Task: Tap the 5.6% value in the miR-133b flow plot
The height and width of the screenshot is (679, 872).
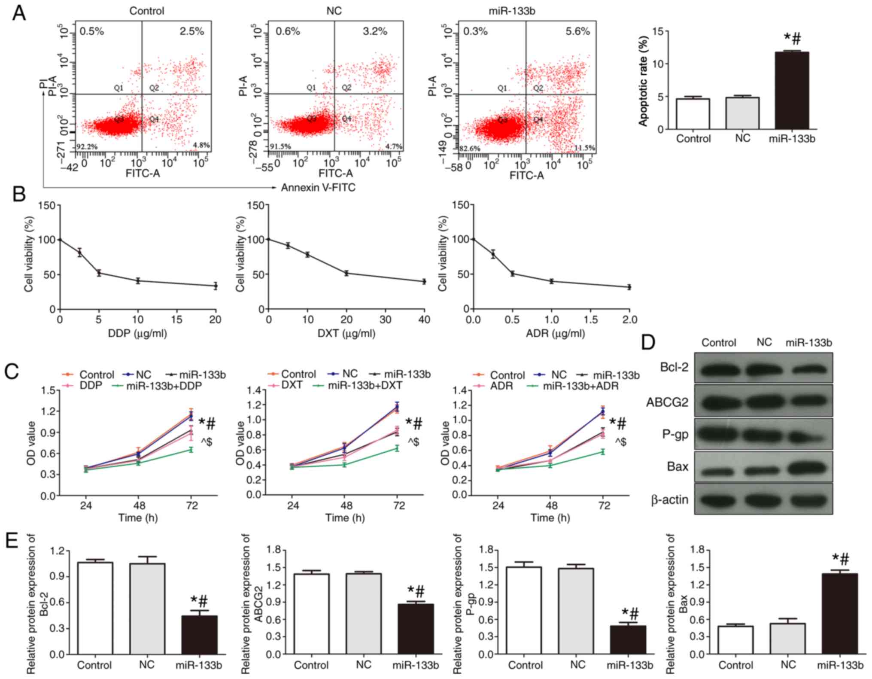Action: [578, 31]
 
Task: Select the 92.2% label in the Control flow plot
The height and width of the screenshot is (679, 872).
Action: [87, 147]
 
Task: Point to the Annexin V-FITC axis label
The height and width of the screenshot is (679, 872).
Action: [318, 188]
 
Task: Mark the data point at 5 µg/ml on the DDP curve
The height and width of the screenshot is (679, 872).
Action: [99, 273]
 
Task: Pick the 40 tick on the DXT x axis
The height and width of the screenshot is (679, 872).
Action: [424, 320]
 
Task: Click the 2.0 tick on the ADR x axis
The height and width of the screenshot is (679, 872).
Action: [629, 320]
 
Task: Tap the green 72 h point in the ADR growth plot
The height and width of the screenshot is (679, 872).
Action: [603, 464]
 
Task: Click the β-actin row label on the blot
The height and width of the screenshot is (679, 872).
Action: [670, 500]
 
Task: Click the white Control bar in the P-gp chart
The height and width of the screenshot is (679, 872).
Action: [524, 610]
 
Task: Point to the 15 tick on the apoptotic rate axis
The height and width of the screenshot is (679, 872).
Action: [657, 31]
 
